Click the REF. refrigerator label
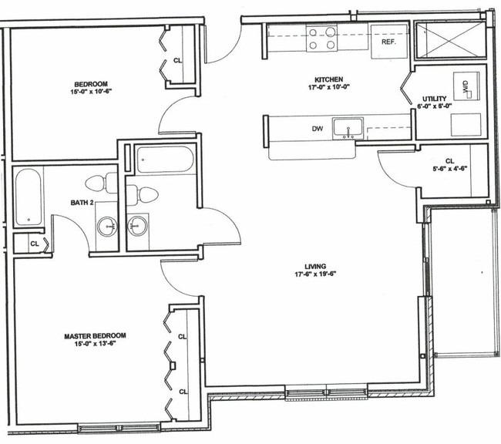[388, 42]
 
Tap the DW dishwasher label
[318, 129]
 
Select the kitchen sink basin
[348, 129]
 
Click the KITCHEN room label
[329, 79]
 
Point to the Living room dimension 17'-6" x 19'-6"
[314, 274]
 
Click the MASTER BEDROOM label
[95, 336]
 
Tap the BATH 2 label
[82, 203]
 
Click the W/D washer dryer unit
[466, 86]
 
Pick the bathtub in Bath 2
[29, 197]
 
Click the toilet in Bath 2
[101, 183]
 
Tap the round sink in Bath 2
[107, 227]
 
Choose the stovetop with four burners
[321, 39]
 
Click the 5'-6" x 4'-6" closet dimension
[450, 169]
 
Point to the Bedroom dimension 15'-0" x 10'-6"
[91, 92]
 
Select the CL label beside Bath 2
[35, 244]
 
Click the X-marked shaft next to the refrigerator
[451, 39]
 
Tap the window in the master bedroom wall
[119, 428]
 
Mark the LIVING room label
[315, 266]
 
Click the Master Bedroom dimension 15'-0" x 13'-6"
[95, 344]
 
